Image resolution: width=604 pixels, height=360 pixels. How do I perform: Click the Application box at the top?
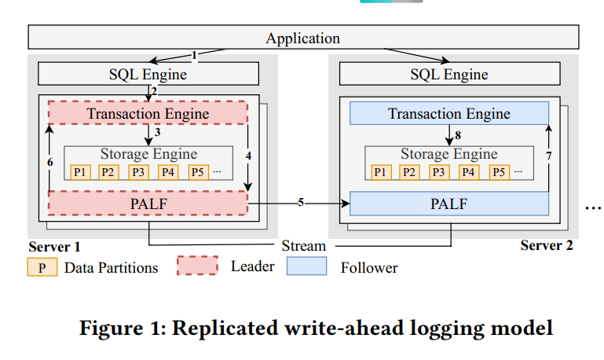(x=303, y=38)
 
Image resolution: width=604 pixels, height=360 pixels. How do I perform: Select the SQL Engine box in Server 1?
(x=148, y=75)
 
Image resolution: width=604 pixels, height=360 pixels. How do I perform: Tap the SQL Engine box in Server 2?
(x=448, y=75)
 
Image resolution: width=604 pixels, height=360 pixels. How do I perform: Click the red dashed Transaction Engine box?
(x=148, y=113)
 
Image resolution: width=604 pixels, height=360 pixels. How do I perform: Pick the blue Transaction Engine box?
(x=448, y=114)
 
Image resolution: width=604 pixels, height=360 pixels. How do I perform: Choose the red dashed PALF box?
(x=148, y=204)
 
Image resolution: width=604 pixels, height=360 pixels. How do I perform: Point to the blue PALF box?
(x=448, y=204)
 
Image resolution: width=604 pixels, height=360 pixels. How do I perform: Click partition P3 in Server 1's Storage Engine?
(x=138, y=172)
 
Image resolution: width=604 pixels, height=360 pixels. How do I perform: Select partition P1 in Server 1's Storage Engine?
(x=80, y=172)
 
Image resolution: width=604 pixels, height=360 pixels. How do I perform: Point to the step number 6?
(x=49, y=161)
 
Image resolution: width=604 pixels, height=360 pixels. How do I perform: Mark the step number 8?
(x=458, y=134)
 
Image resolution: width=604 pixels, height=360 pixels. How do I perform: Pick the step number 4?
(x=248, y=156)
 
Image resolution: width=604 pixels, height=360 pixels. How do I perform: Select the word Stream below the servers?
(x=303, y=246)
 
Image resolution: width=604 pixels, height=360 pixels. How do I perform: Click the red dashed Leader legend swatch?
(x=196, y=266)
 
